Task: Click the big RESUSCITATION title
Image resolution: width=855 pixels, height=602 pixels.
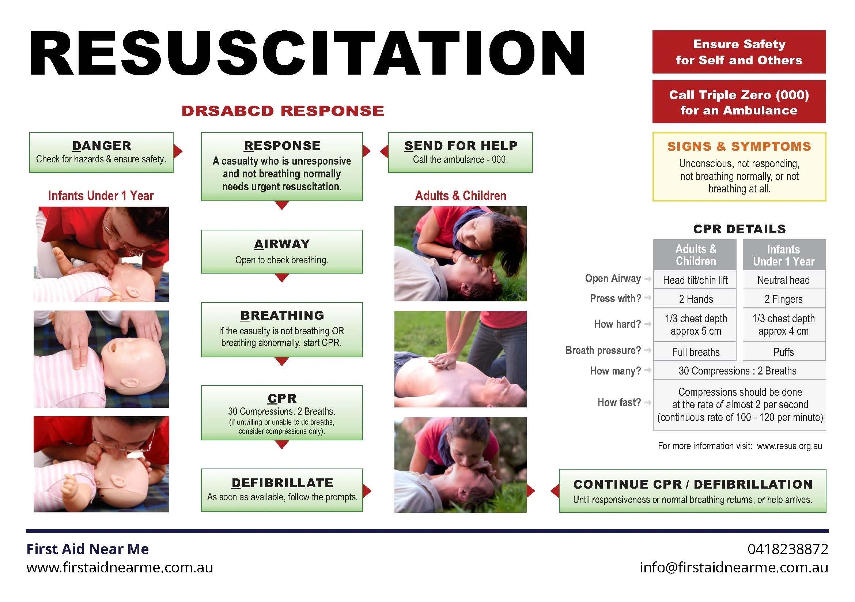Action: [x=307, y=53]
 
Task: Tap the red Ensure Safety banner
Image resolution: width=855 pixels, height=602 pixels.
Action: [x=739, y=52]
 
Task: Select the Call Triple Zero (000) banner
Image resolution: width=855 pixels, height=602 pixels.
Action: [x=739, y=102]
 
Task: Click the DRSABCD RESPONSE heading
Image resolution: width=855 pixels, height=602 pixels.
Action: [x=283, y=111]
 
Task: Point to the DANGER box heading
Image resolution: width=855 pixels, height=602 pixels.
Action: [x=101, y=146]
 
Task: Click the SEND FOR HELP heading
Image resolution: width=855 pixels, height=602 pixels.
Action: [x=461, y=146]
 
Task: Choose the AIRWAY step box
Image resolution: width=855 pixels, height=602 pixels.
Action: [x=282, y=252]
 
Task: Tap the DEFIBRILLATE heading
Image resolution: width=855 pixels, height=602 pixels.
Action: [x=282, y=483]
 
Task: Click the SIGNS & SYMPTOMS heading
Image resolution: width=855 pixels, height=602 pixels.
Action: [x=739, y=146]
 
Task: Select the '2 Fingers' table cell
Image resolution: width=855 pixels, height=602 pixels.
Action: [x=783, y=299]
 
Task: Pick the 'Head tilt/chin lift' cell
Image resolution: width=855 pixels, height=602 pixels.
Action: [x=695, y=280]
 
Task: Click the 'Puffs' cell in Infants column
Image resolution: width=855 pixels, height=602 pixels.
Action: [x=783, y=352]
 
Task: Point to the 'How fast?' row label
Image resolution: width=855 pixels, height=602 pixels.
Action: [x=619, y=402]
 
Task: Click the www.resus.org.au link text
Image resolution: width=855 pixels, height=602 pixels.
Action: [x=789, y=446]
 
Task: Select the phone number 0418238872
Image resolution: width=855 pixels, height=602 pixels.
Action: [x=788, y=549]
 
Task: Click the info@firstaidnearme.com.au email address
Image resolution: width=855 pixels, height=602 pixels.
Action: [x=734, y=567]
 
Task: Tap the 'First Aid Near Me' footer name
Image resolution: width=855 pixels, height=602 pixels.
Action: [x=87, y=549]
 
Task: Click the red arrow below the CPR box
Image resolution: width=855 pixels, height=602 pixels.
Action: [x=282, y=444]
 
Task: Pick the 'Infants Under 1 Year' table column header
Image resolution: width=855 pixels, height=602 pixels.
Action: [x=783, y=255]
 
